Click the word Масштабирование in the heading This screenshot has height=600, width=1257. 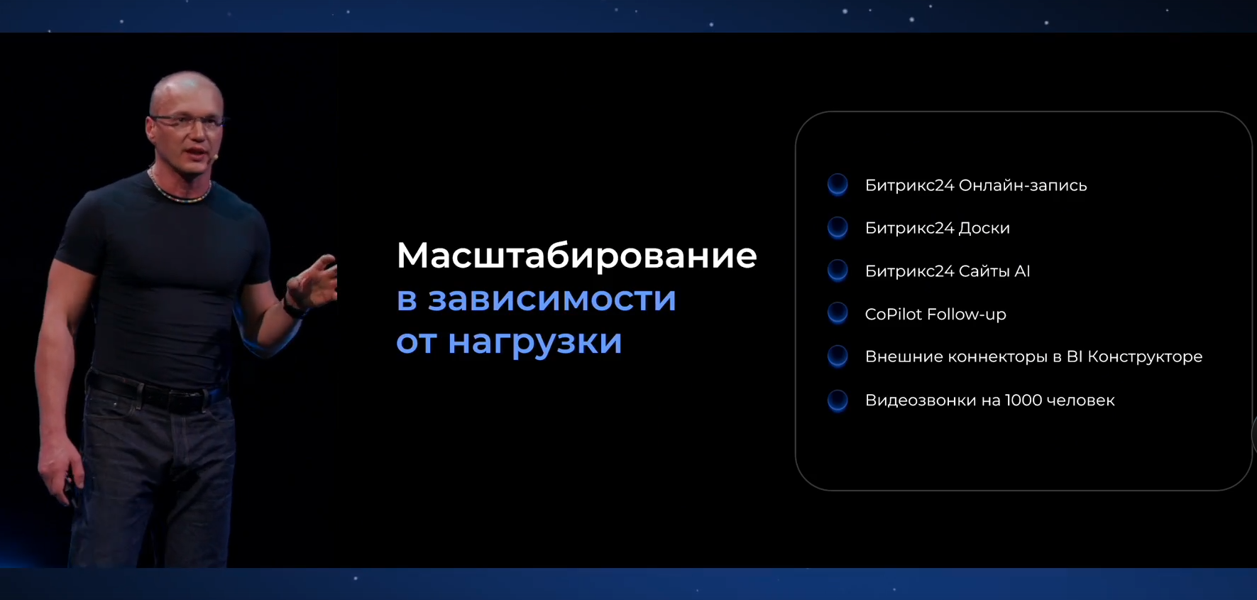(576, 256)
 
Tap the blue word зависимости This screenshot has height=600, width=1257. (551, 299)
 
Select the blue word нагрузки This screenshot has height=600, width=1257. (534, 342)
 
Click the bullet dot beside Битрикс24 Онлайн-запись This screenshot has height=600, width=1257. (838, 185)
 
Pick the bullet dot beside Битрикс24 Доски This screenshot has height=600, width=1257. (838, 227)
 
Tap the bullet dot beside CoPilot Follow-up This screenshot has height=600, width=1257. (838, 313)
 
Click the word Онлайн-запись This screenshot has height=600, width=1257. (1022, 185)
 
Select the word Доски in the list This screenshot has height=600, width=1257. (984, 228)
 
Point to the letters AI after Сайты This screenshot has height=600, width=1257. (1022, 271)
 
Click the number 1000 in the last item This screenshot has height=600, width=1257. (1023, 400)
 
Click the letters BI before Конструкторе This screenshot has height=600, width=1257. (1074, 356)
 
